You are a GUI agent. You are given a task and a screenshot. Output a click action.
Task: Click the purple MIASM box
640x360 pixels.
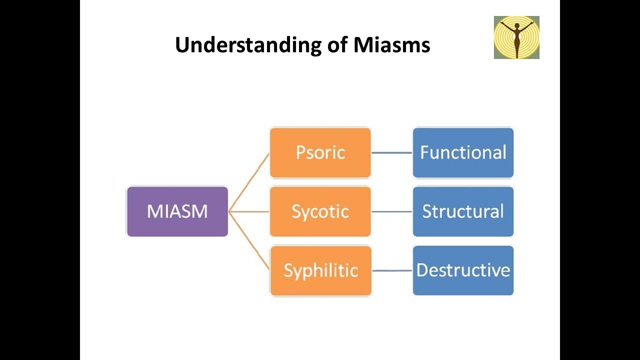click(177, 211)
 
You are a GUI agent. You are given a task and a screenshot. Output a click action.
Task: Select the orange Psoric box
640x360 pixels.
click(320, 152)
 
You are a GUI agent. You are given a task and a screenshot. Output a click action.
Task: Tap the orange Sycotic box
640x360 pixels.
click(320, 211)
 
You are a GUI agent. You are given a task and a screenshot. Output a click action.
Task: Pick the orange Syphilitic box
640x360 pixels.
click(320, 270)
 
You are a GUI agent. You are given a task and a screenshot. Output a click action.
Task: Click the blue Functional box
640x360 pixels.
click(463, 152)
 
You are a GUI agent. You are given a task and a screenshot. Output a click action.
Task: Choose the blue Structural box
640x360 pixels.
click(463, 211)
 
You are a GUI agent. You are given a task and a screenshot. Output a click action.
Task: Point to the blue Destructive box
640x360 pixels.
click(463, 270)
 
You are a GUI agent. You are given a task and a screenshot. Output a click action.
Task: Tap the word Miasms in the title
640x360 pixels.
click(392, 45)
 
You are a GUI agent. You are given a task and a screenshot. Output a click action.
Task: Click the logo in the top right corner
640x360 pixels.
click(516, 37)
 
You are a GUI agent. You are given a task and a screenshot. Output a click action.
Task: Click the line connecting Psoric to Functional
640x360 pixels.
click(392, 152)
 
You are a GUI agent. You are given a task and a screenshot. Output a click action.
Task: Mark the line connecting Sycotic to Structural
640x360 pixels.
click(392, 211)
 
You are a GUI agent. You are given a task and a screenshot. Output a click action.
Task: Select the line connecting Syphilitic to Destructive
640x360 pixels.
click(392, 270)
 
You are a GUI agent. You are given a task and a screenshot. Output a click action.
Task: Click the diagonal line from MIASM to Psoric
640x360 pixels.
click(249, 182)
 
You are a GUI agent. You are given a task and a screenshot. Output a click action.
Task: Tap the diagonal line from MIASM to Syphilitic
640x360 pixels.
click(249, 241)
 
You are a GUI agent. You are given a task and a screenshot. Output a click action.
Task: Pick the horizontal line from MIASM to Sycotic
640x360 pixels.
click(249, 211)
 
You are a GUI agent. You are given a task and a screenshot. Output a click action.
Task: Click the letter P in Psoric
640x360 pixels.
click(300, 152)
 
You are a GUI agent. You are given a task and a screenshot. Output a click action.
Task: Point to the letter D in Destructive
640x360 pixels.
click(422, 270)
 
